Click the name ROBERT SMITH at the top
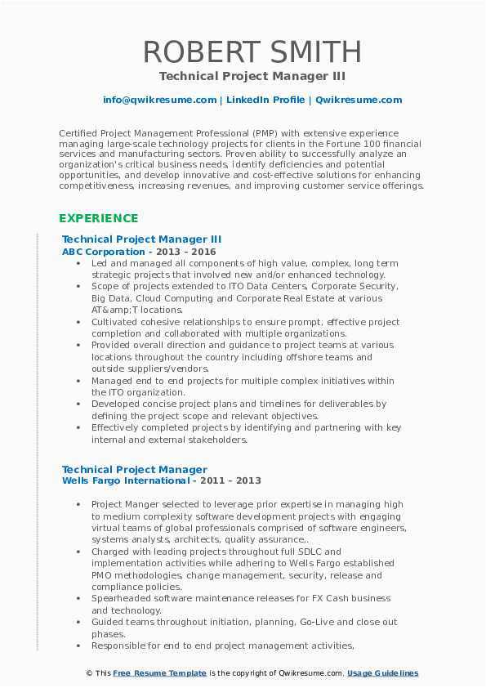tap(252, 51)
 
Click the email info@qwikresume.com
tap(159, 100)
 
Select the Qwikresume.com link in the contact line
tap(358, 100)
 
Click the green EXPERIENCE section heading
tap(98, 218)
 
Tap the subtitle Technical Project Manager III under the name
tap(252, 76)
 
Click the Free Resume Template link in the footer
tap(160, 673)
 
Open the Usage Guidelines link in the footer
tap(382, 673)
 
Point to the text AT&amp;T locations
tap(137, 310)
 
